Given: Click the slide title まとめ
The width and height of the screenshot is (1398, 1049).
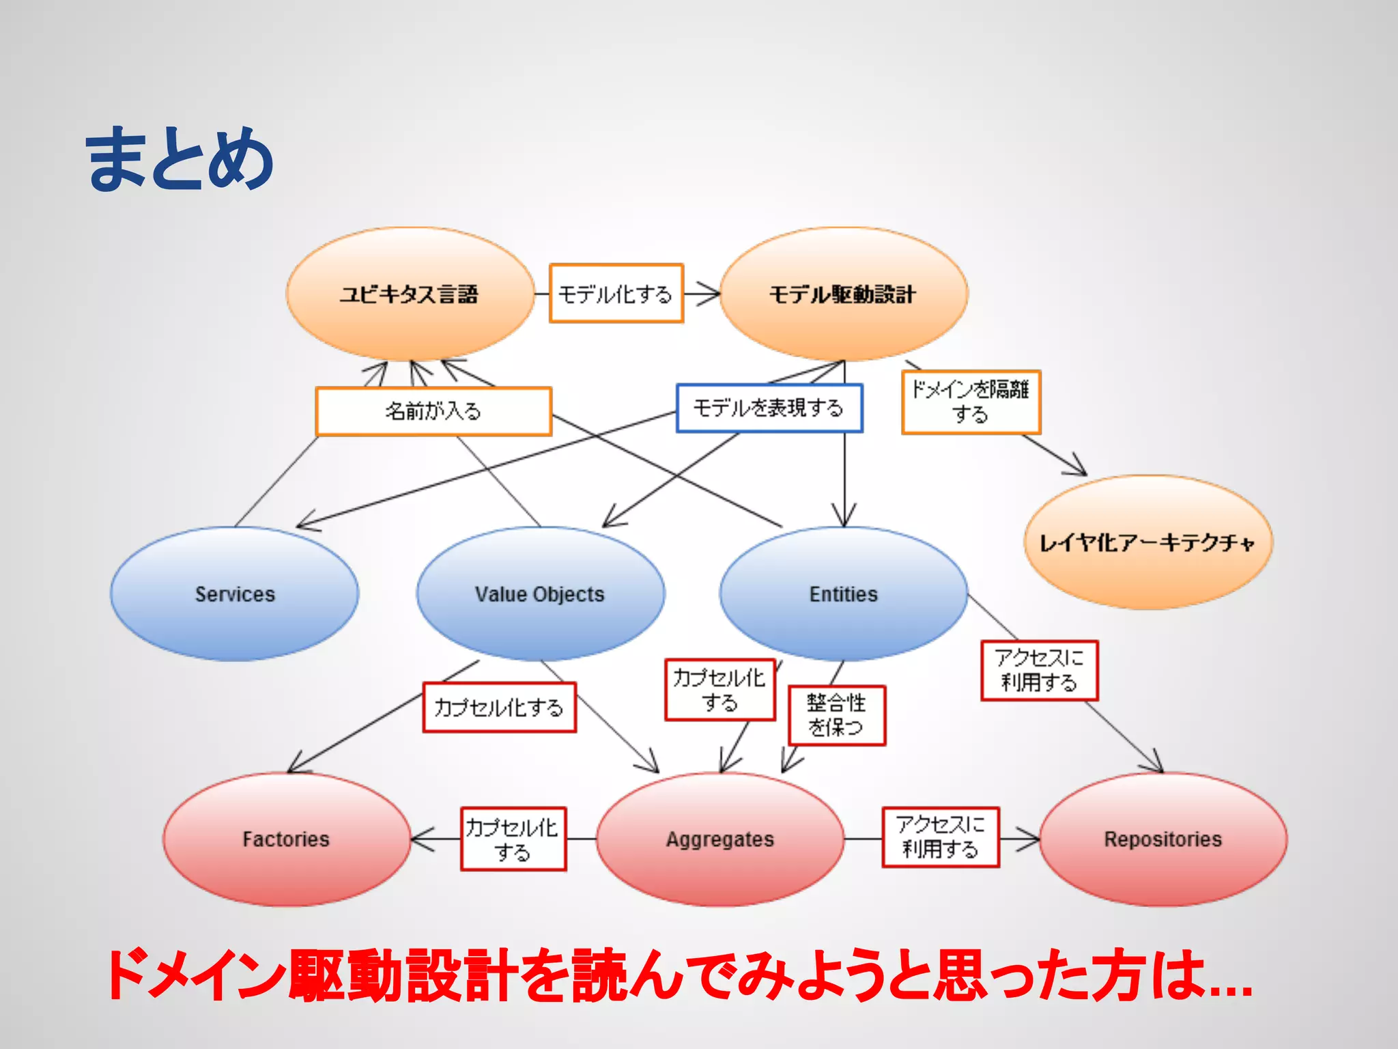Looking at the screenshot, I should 180,159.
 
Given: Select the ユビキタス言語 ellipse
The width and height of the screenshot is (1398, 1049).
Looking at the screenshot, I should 410,294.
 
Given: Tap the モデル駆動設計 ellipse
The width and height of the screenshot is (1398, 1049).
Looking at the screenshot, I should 844,294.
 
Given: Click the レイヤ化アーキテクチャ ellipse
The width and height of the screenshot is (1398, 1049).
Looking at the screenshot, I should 1147,542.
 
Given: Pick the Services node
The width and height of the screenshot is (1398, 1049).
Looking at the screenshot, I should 235,593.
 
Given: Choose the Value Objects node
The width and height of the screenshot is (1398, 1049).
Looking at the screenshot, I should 540,593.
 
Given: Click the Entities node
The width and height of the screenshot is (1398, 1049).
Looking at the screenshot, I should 844,593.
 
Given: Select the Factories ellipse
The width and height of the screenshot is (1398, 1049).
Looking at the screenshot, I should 286,839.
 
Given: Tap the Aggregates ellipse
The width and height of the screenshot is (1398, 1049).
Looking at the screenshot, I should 720,839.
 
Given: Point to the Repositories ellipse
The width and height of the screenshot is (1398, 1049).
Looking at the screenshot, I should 1162,839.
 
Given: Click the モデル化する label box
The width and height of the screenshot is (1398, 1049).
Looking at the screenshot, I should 616,294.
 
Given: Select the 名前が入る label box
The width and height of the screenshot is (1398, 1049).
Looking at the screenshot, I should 433,411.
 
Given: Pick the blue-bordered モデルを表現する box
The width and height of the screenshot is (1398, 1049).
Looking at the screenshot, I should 769,408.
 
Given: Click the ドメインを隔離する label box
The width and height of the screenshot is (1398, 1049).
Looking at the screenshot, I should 971,402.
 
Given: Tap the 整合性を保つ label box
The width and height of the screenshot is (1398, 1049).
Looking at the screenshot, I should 837,715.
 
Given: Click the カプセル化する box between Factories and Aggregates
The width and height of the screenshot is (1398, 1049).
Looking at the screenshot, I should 513,839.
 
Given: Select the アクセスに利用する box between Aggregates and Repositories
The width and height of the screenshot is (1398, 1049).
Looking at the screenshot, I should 940,837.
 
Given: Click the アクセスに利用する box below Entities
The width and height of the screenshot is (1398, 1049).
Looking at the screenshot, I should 1039,671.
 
